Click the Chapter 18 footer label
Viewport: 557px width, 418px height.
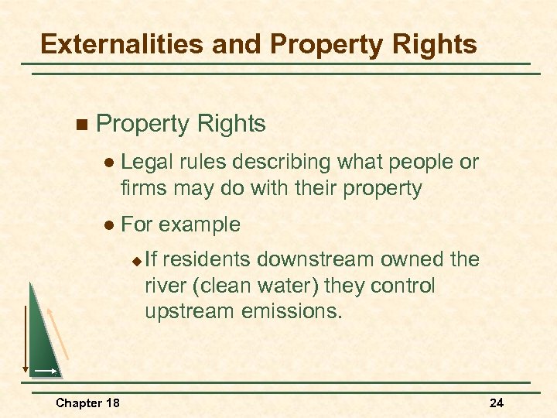tap(87, 403)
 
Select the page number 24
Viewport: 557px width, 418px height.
tap(497, 403)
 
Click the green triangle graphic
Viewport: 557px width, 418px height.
tap(43, 341)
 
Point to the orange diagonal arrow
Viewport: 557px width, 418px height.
tap(60, 334)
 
